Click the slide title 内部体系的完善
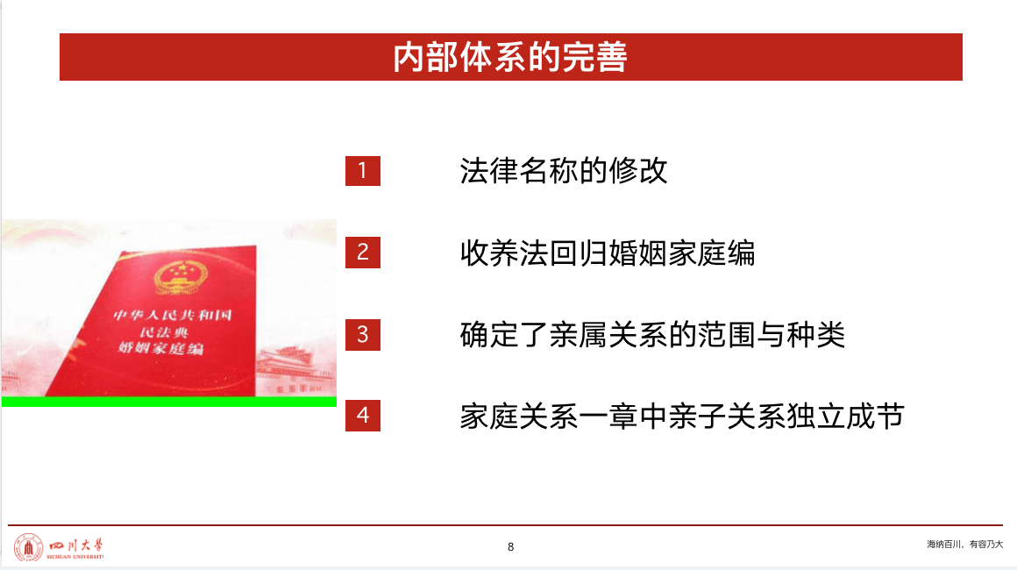pos(509,57)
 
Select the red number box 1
pos(363,170)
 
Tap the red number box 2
pos(363,253)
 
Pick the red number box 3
pos(363,335)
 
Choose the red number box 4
pos(363,416)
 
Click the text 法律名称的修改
pos(564,170)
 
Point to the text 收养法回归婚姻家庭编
pos(608,253)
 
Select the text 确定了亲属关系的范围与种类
pos(652,335)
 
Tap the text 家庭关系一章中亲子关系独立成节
pos(682,417)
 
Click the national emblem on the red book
pos(181,277)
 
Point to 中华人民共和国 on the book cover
pos(174,316)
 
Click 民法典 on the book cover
pos(164,332)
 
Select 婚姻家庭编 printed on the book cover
pos(160,348)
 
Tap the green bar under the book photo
pos(169,402)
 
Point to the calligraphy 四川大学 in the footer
pos(76,545)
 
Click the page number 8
pos(510,547)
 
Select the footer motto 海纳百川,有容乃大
pos(964,544)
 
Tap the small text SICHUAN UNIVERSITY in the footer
pos(75,557)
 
